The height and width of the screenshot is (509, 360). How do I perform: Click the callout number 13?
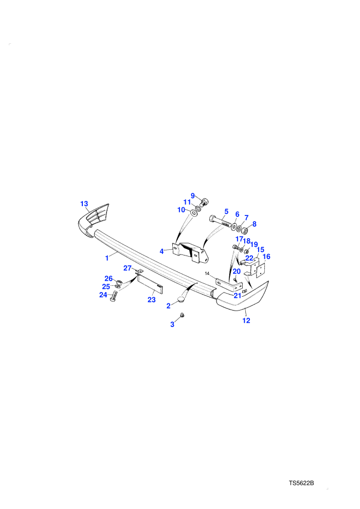(x=84, y=204)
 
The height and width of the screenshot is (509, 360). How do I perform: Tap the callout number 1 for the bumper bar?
(x=107, y=259)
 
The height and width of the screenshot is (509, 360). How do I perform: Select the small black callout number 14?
(x=207, y=274)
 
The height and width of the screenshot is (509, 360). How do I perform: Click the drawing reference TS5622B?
(x=301, y=483)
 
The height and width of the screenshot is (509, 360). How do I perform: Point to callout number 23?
(x=152, y=300)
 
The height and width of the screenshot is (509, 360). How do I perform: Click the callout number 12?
(x=246, y=320)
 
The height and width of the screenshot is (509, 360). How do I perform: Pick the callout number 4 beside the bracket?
(x=161, y=251)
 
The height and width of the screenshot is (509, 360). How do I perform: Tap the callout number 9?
(x=192, y=196)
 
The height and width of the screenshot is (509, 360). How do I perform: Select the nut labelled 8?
(x=245, y=230)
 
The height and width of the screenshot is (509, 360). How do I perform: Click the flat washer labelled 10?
(x=194, y=213)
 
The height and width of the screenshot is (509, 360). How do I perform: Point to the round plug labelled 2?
(x=181, y=299)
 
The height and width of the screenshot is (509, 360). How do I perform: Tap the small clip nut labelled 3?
(x=182, y=315)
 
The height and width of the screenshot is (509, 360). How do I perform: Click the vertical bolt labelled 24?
(x=114, y=296)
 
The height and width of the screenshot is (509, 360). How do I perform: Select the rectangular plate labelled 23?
(x=149, y=284)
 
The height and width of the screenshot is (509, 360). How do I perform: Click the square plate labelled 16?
(x=261, y=270)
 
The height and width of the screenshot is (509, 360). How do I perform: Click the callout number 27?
(x=127, y=268)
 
